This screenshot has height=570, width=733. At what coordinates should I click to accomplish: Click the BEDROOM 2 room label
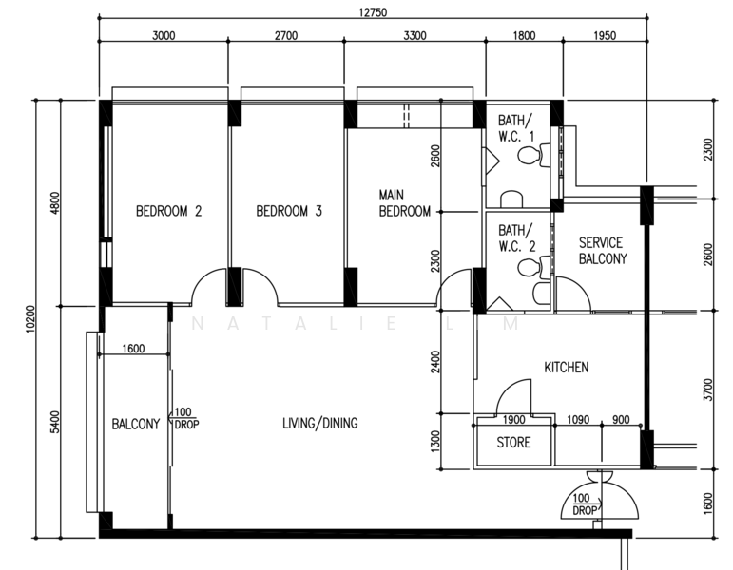[169, 211]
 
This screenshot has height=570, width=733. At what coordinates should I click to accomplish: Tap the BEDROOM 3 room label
[289, 211]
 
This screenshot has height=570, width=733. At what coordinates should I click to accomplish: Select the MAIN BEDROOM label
[404, 203]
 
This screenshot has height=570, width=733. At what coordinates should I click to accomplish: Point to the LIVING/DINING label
[320, 424]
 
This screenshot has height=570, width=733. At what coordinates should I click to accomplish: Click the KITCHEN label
[566, 368]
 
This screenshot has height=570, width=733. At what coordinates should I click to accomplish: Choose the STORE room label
[513, 442]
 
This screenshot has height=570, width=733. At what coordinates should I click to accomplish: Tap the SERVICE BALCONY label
[603, 251]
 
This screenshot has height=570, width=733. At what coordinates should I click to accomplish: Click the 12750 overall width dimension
[373, 12]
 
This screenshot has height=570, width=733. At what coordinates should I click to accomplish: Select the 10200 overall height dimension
[30, 319]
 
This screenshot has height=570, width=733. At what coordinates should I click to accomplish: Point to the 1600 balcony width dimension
[133, 349]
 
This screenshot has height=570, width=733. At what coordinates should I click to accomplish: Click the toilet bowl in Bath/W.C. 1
[528, 155]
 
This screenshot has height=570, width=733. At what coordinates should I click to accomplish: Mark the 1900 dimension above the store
[513, 420]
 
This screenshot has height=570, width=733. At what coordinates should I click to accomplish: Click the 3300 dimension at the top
[415, 35]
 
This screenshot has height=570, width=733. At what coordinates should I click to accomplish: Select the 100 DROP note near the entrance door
[584, 504]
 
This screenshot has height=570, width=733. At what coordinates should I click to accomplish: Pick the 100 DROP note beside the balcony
[186, 418]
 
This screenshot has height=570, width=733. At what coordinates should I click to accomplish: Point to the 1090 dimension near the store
[578, 420]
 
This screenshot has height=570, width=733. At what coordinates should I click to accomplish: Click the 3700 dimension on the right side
[708, 389]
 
